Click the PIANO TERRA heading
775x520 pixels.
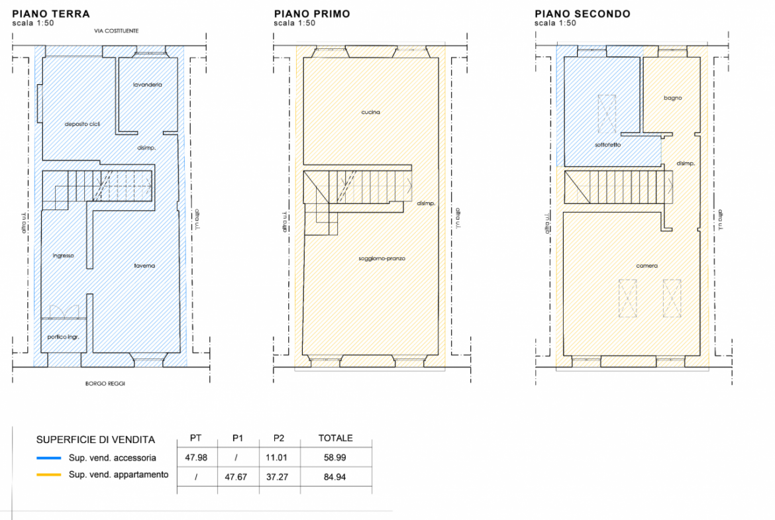51,14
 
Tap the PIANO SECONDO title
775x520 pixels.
582,14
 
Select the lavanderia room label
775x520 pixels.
147,85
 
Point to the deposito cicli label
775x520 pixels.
83,124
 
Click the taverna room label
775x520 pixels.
144,266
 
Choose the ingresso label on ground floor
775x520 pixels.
64,256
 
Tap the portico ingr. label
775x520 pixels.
64,337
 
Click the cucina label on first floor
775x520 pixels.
371,112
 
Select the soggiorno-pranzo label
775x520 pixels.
382,258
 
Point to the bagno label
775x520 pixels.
673,98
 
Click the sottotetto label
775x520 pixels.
608,145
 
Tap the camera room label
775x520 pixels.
647,266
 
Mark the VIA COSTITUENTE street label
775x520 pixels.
117,30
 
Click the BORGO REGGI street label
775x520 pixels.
105,383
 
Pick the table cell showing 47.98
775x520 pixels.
196,457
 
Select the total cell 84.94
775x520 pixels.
335,477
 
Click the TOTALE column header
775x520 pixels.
336,438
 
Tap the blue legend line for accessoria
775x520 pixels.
49,458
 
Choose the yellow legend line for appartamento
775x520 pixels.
49,474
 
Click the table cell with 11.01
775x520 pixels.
276,457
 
